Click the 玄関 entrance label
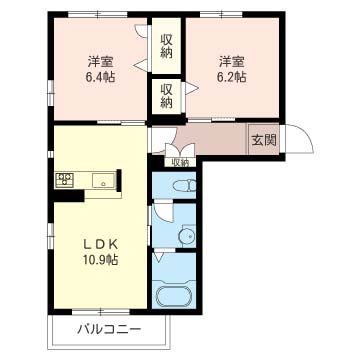point(264,140)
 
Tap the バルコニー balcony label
point(109,330)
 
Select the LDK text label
point(100,245)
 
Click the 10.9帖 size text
point(101,260)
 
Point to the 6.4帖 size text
point(100,77)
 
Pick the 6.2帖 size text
point(232,77)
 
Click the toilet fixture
point(183,185)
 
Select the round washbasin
point(187,236)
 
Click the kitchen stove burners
point(65,180)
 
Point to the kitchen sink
point(103,180)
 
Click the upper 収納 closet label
point(166,46)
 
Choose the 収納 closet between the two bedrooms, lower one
point(166,96)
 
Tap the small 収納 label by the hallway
point(180,163)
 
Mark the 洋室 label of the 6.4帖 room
point(100,62)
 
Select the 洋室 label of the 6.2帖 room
point(232,62)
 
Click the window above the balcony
point(101,312)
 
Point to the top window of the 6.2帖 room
point(221,14)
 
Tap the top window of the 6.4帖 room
point(98,14)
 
